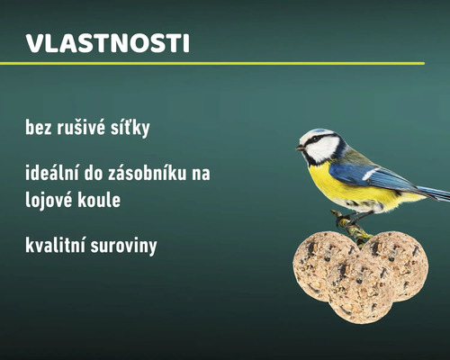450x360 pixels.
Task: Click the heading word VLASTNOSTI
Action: [x=108, y=44]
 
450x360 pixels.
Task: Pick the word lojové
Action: [x=52, y=200]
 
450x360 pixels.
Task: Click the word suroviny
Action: [x=126, y=245]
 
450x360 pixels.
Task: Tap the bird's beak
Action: [x=301, y=147]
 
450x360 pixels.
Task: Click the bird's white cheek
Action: [x=323, y=148]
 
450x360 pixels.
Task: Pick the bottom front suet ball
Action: [x=358, y=290]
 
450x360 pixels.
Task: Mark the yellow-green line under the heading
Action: [x=211, y=64]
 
